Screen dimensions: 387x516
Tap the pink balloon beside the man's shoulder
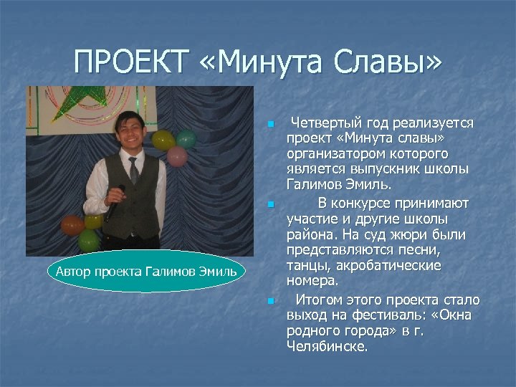pos(176,156)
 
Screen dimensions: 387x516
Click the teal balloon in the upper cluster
pos(186,138)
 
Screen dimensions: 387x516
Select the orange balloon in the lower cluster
pos(72,225)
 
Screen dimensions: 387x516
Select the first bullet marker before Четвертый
pos(270,125)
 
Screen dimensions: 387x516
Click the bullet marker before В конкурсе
pos(270,204)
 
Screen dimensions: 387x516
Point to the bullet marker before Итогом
pos(270,301)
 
